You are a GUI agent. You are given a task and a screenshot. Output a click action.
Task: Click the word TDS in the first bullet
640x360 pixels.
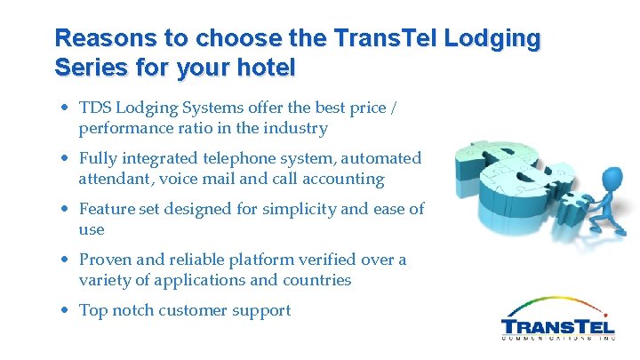96,108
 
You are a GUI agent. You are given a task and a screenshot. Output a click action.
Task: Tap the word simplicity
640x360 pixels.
285,209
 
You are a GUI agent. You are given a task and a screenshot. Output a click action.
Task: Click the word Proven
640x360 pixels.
106,260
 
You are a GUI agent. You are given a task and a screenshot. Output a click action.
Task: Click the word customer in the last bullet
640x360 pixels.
189,310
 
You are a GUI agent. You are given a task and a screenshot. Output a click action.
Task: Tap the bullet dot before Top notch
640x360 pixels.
66,311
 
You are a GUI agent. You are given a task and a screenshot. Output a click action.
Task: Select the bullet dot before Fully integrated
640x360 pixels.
66,159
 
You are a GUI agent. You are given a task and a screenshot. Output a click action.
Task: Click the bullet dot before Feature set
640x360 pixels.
66,210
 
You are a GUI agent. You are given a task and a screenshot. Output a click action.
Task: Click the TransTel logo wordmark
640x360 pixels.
557,326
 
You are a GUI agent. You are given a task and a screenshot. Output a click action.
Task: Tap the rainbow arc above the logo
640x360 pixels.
556,303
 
